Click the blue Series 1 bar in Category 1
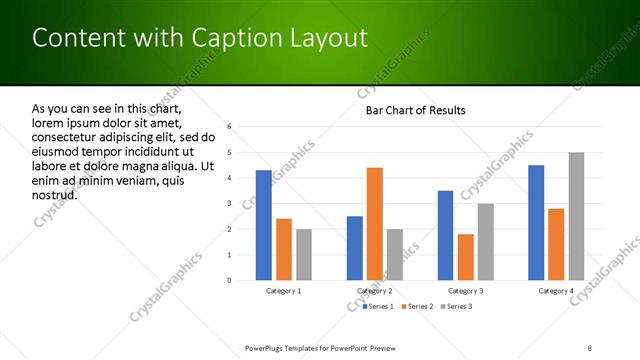pyautogui.click(x=263, y=225)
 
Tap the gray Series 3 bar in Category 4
pyautogui.click(x=577, y=216)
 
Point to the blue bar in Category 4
pyautogui.click(x=536, y=222)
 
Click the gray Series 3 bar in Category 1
pyautogui.click(x=304, y=254)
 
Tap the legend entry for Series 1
pyautogui.click(x=383, y=306)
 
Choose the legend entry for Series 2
pyautogui.click(x=420, y=306)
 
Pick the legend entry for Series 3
pyautogui.click(x=458, y=306)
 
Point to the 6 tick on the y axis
pyautogui.click(x=229, y=127)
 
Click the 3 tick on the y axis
pyautogui.click(x=229, y=204)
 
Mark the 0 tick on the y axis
pyautogui.click(x=229, y=281)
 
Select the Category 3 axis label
pyautogui.click(x=465, y=291)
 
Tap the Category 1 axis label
pyautogui.click(x=284, y=291)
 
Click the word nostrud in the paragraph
pyautogui.click(x=54, y=194)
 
